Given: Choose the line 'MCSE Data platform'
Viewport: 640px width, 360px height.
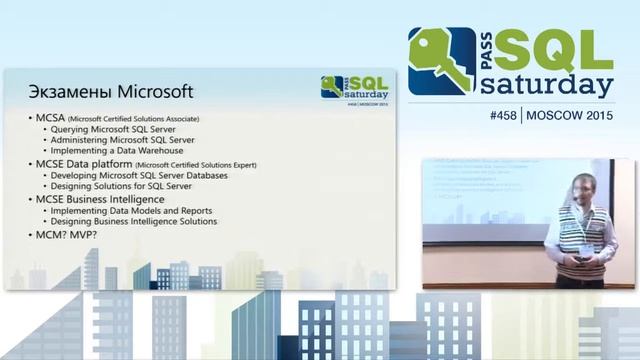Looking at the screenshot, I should [85, 163].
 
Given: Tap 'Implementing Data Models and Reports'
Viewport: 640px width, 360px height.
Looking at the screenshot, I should [136, 210].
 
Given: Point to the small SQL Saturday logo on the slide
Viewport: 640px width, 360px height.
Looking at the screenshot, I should [353, 87].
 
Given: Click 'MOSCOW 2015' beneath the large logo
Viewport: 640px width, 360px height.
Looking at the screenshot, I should [569, 115].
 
